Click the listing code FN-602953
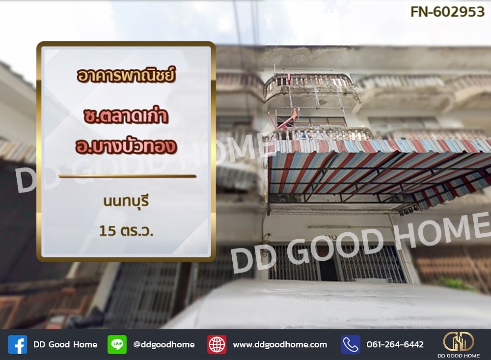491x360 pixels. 447,12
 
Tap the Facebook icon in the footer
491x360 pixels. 18,345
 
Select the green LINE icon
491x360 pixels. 117,345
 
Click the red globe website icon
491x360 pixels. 217,345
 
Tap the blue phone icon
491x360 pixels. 351,345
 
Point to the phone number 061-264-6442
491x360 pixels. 395,345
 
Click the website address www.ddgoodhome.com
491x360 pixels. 280,345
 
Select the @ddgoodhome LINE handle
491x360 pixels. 164,345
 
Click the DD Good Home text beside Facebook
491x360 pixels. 65,345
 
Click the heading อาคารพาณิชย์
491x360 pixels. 126,76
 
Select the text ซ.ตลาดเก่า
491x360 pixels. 126,115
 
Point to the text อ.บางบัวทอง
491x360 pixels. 126,146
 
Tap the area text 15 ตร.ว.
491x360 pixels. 126,231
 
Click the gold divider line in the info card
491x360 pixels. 127,176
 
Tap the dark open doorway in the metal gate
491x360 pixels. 328,269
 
